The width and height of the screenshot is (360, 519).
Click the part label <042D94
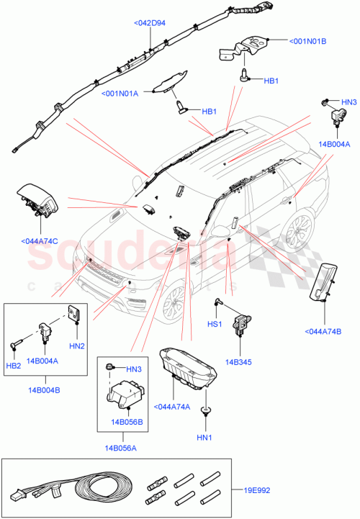pyautogui.click(x=149, y=23)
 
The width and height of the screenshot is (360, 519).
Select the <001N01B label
pyautogui.click(x=308, y=41)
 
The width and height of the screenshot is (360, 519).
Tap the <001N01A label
pyautogui.click(x=120, y=93)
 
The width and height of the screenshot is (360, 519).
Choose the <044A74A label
pyautogui.click(x=173, y=407)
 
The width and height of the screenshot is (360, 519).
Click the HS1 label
pyautogui.click(x=215, y=325)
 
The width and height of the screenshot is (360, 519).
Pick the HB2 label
pyautogui.click(x=14, y=366)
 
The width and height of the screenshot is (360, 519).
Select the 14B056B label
pyautogui.click(x=127, y=421)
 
